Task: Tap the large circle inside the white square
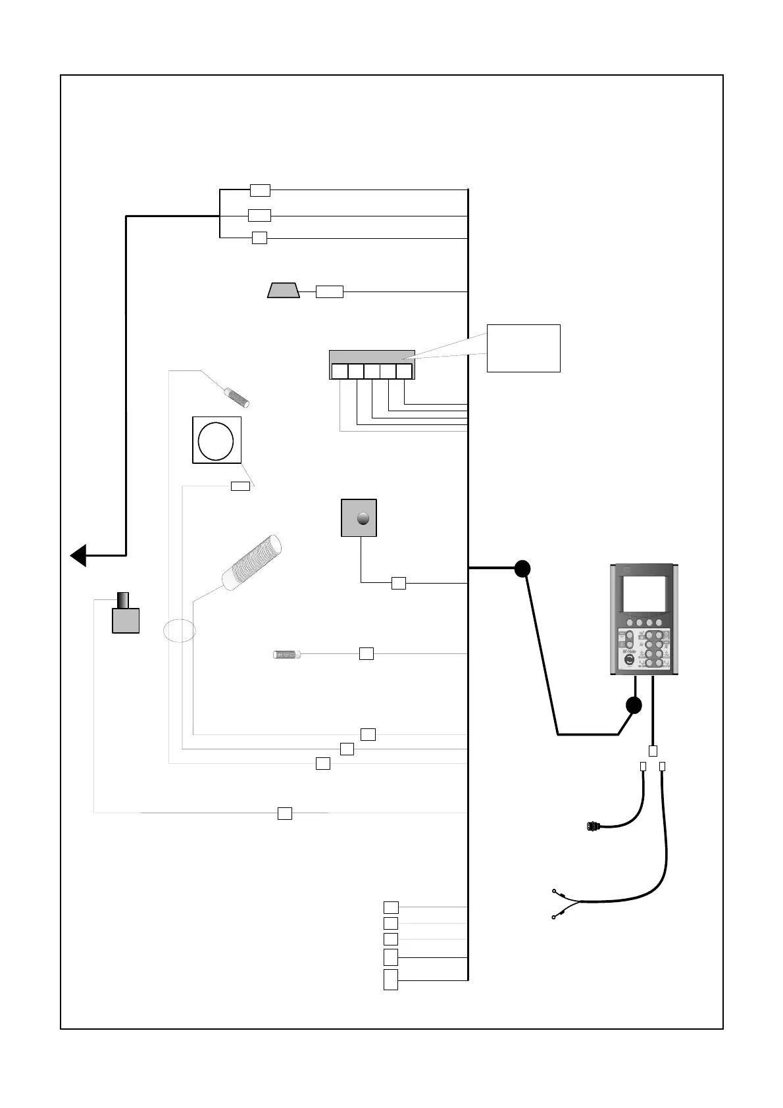click(x=216, y=440)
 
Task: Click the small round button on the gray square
click(x=363, y=518)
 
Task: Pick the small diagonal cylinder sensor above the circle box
click(x=237, y=397)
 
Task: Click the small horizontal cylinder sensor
click(x=287, y=655)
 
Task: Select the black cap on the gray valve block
click(x=123, y=600)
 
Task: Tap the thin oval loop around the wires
click(x=179, y=630)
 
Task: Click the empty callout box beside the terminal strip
click(x=523, y=348)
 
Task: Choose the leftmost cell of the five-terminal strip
click(x=340, y=372)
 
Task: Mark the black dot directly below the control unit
click(x=633, y=705)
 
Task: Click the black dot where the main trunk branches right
click(x=522, y=568)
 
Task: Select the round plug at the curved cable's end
click(x=592, y=826)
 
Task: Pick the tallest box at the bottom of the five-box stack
click(x=391, y=979)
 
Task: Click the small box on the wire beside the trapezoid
click(x=329, y=291)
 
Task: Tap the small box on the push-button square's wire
click(x=398, y=583)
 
